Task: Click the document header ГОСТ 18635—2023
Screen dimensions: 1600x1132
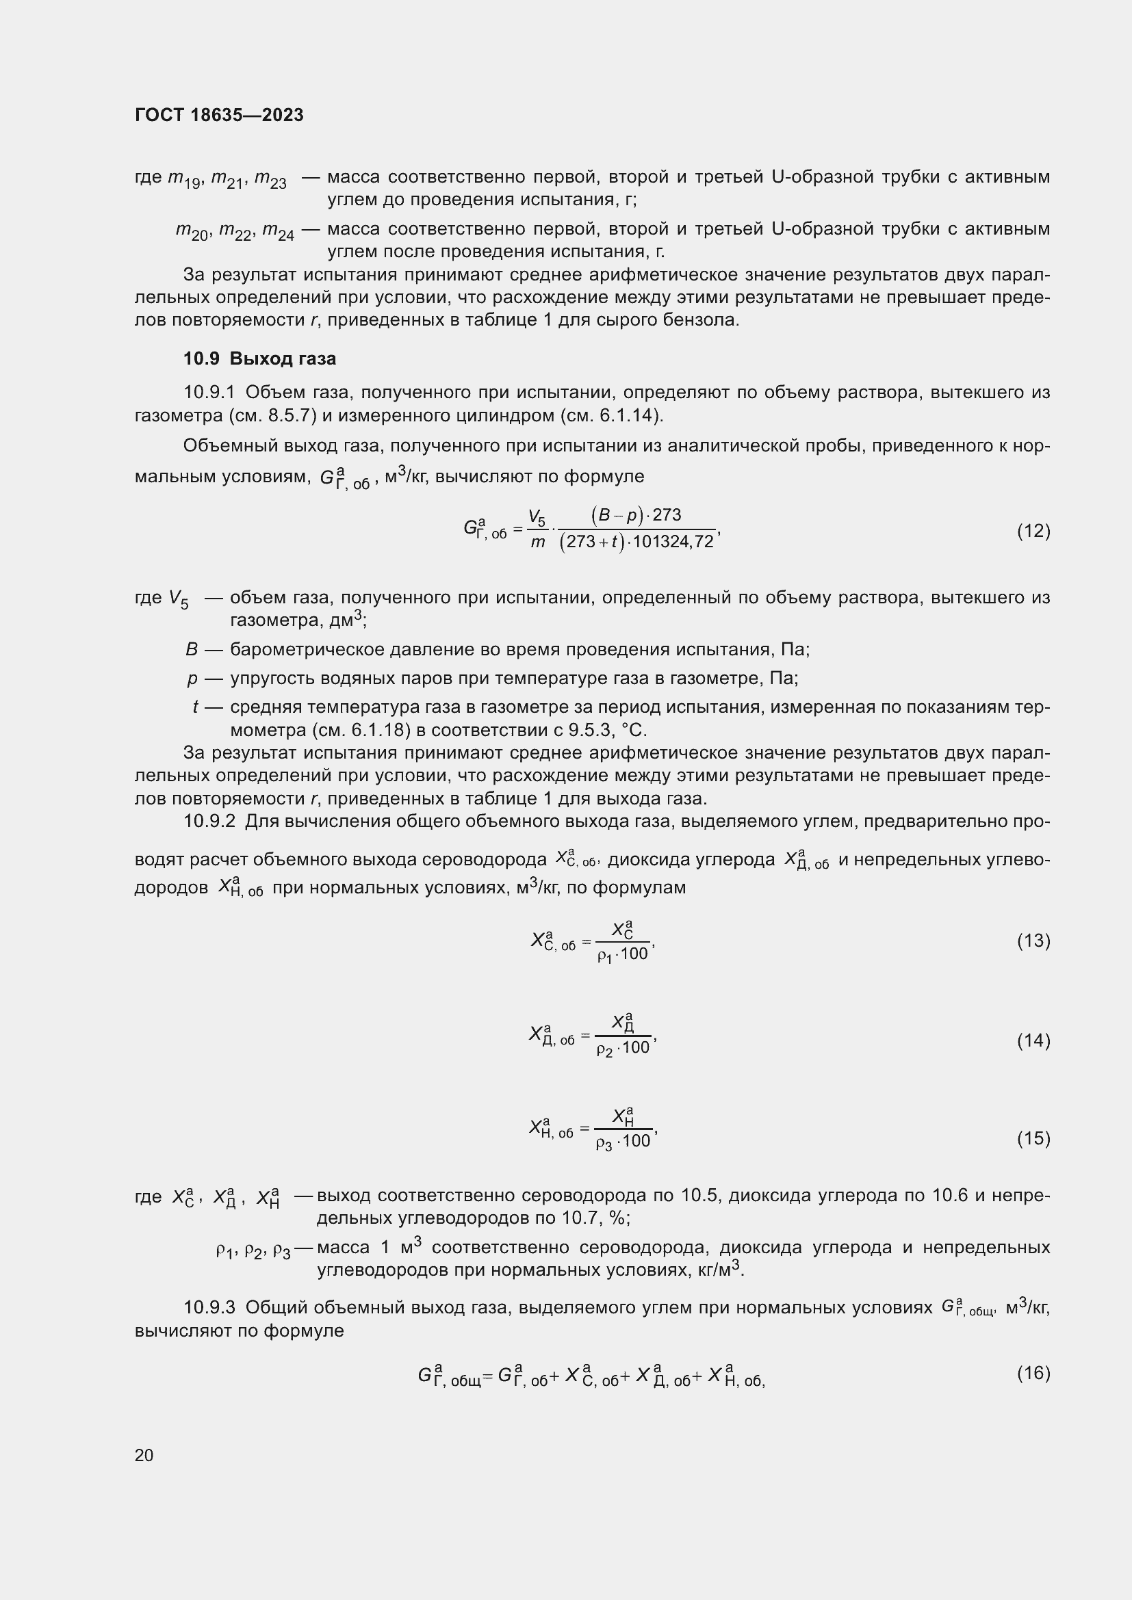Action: tap(219, 115)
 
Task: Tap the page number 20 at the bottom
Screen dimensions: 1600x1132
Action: tap(144, 1455)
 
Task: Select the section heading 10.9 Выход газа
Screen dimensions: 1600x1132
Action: tap(259, 359)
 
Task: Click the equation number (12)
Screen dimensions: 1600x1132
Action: tap(1033, 531)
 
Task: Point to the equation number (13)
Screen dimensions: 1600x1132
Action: tap(1033, 941)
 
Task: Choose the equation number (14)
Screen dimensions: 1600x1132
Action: tap(1033, 1040)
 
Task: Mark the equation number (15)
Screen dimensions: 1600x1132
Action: tap(1033, 1138)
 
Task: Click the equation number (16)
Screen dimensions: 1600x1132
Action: tap(1033, 1373)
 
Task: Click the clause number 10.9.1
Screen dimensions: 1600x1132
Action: tap(210, 393)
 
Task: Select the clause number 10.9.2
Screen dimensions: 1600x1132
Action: tap(210, 822)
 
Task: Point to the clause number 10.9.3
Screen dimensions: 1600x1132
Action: tap(210, 1308)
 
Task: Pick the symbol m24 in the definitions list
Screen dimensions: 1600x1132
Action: tap(278, 232)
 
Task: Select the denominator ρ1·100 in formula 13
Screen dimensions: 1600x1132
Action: tap(622, 954)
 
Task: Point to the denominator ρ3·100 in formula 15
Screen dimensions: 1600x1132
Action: tap(622, 1142)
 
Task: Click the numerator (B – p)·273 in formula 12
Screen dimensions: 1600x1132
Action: tap(636, 515)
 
